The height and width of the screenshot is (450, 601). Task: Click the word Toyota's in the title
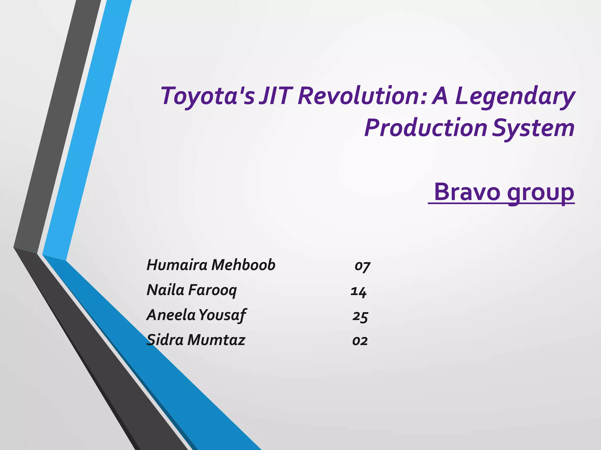click(208, 96)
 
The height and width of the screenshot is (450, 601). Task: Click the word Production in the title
click(426, 128)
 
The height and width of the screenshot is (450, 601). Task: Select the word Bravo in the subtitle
click(467, 192)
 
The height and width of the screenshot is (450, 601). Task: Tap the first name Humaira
click(177, 265)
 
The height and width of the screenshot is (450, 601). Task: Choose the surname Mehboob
click(243, 265)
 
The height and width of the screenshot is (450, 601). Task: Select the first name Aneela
click(171, 315)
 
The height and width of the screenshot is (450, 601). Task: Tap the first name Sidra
click(165, 340)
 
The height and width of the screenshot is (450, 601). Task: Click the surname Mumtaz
click(216, 340)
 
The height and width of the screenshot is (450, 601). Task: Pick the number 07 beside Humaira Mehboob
click(362, 266)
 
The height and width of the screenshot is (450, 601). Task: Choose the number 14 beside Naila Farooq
click(359, 291)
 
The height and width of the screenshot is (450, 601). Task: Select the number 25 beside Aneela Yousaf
click(360, 316)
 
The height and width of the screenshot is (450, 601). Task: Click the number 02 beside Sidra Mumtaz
click(360, 341)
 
